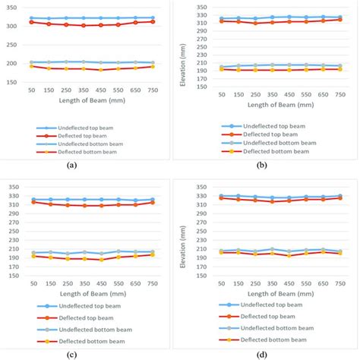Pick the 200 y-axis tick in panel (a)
[13, 63]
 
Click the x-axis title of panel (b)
[277, 104]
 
